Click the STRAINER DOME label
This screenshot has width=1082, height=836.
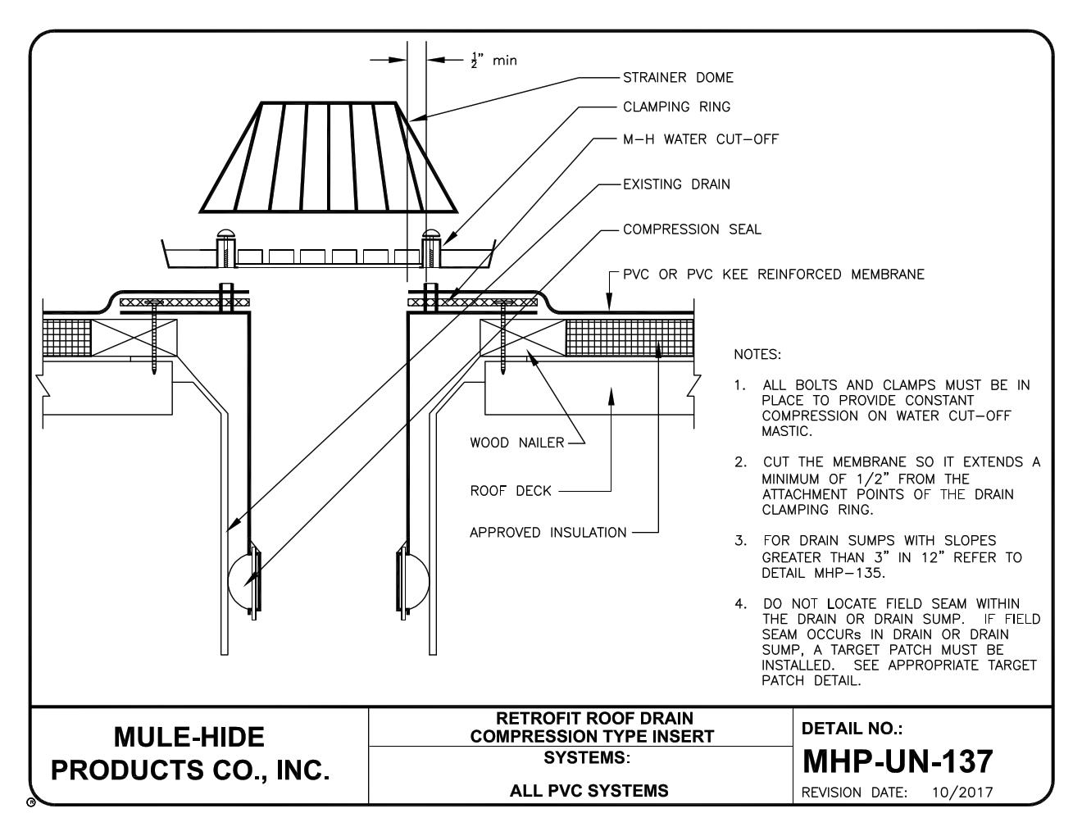click(x=678, y=78)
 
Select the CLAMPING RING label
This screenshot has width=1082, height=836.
click(x=676, y=107)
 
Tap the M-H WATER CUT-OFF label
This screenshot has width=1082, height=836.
click(x=701, y=139)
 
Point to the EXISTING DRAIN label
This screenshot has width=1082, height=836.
click(x=676, y=184)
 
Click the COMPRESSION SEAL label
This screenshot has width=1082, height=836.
click(x=692, y=229)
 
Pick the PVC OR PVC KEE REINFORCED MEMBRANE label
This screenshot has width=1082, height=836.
click(x=773, y=275)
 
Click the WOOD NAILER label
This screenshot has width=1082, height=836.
click(x=516, y=443)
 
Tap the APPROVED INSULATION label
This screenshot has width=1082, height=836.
click(x=548, y=534)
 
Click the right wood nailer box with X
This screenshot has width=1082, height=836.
click(x=521, y=337)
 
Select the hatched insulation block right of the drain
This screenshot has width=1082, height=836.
click(x=630, y=337)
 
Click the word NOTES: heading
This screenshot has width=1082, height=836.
click(x=757, y=355)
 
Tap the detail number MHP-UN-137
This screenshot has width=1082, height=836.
click(x=897, y=761)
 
